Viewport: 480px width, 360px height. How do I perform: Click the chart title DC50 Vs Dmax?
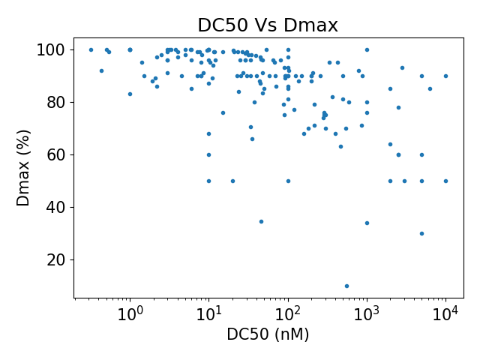click(x=268, y=25)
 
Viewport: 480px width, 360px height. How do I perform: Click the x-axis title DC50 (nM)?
click(x=268, y=334)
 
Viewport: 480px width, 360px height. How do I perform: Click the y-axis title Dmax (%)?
click(x=24, y=167)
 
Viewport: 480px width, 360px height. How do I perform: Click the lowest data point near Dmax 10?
click(x=346, y=286)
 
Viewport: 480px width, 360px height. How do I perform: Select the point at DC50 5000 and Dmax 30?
click(x=421, y=233)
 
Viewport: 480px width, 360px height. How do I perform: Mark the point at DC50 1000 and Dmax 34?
click(x=367, y=223)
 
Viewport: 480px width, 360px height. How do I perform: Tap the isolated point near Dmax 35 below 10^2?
click(x=261, y=221)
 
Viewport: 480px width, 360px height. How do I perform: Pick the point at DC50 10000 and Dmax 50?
click(x=445, y=181)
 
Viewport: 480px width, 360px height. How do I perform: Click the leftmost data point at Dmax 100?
click(x=91, y=49)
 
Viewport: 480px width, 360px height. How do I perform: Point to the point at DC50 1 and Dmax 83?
click(x=130, y=94)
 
